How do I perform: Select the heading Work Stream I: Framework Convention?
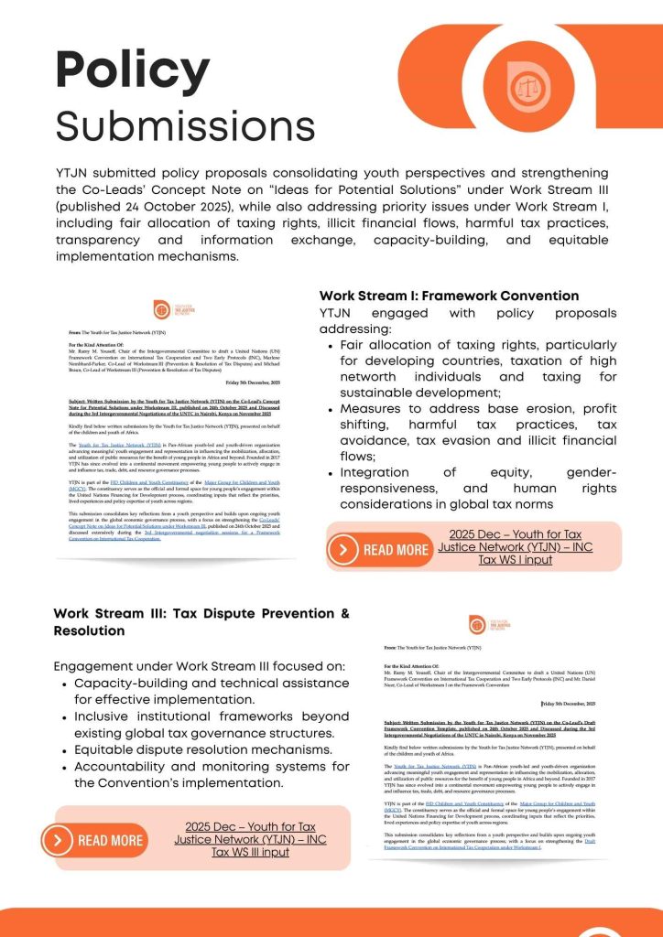click(449, 296)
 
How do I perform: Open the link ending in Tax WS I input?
click(509, 547)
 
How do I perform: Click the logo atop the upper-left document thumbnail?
click(161, 309)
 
